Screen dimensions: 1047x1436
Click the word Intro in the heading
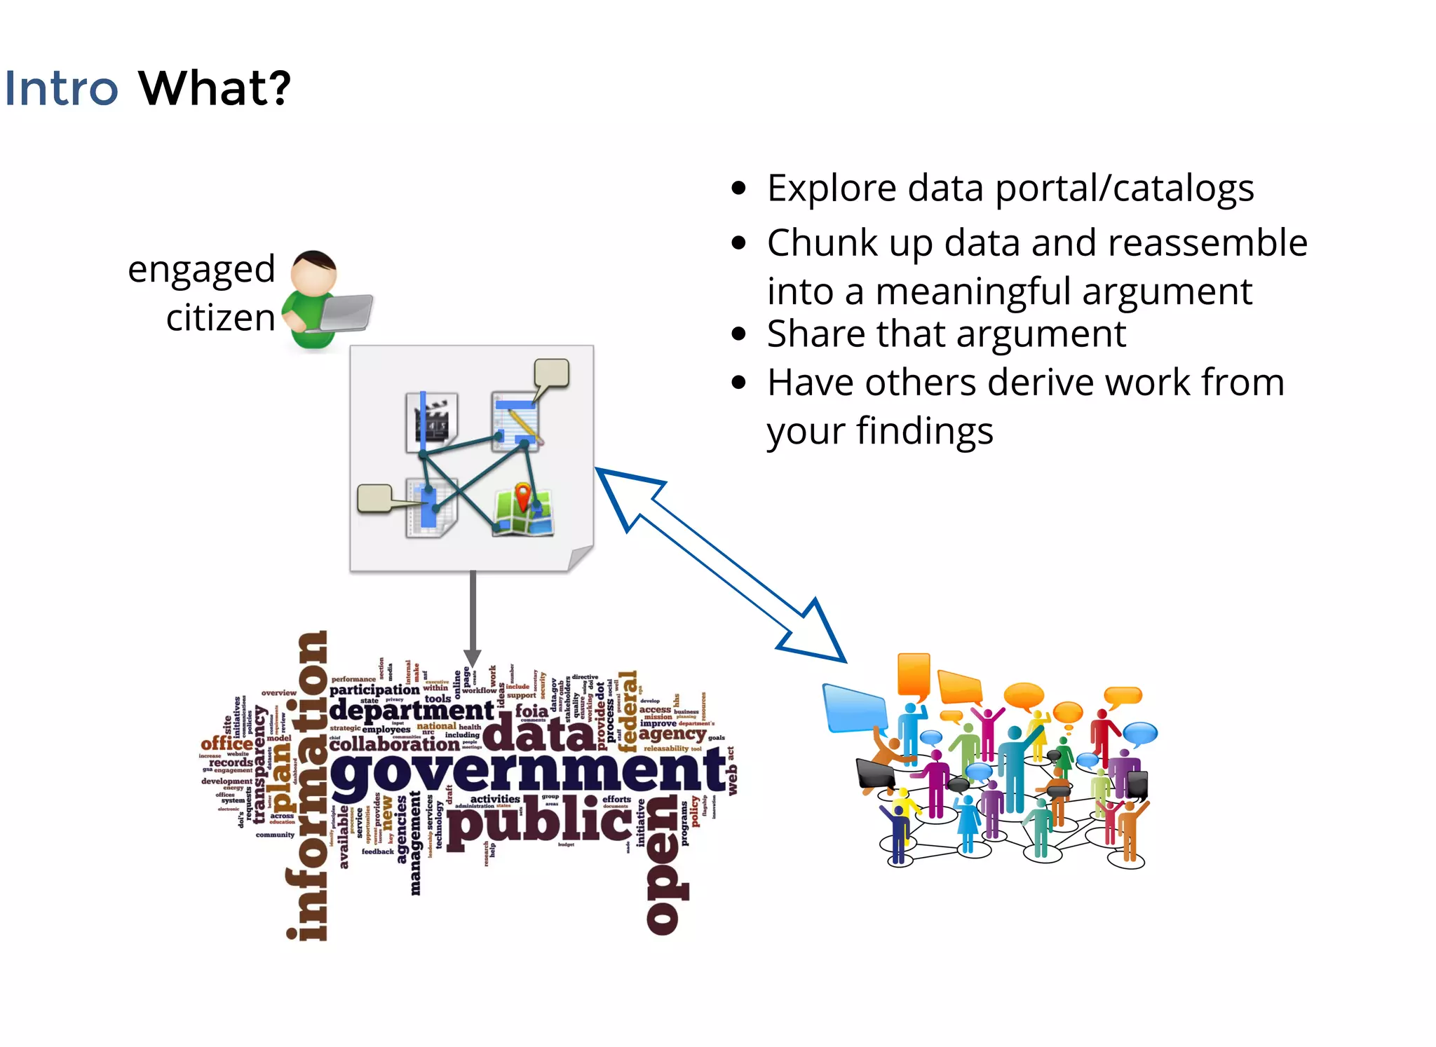pos(61,89)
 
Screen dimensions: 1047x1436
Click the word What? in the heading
pos(215,89)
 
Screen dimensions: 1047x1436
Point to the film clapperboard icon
pos(433,420)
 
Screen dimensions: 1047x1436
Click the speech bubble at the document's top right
pos(552,374)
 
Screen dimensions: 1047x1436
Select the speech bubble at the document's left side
pos(375,498)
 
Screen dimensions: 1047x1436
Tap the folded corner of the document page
pos(581,559)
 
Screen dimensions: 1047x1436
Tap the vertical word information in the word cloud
pos(309,785)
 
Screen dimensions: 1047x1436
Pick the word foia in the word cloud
pos(531,711)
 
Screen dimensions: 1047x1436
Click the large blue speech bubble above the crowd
pos(855,708)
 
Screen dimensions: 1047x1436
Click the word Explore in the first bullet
pos(832,189)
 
